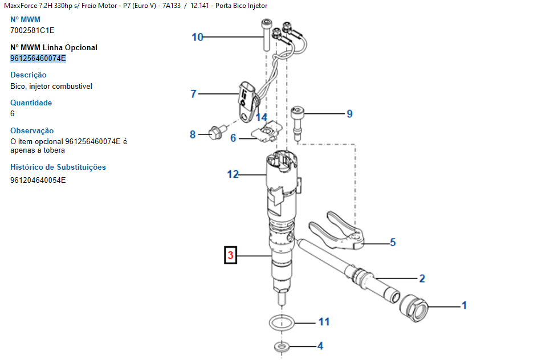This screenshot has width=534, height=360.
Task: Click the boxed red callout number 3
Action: (x=230, y=256)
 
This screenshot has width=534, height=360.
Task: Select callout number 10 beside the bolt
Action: (x=197, y=38)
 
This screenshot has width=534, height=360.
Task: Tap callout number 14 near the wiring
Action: (x=261, y=117)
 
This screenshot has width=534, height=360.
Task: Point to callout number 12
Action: (x=233, y=174)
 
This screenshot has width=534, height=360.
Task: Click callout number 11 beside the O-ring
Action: (x=324, y=322)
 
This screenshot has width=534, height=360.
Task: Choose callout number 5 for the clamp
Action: (x=393, y=243)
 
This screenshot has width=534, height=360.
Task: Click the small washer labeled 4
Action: (x=280, y=346)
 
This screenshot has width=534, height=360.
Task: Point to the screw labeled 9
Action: (x=297, y=121)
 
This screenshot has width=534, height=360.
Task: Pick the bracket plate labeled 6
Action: (x=266, y=134)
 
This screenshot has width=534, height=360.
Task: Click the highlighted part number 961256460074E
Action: (x=38, y=58)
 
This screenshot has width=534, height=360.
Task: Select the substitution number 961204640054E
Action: (x=38, y=180)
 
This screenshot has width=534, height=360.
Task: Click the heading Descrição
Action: (x=28, y=75)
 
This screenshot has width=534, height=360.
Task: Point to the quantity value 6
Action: (x=13, y=113)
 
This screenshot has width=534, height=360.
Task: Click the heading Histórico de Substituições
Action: (x=58, y=167)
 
